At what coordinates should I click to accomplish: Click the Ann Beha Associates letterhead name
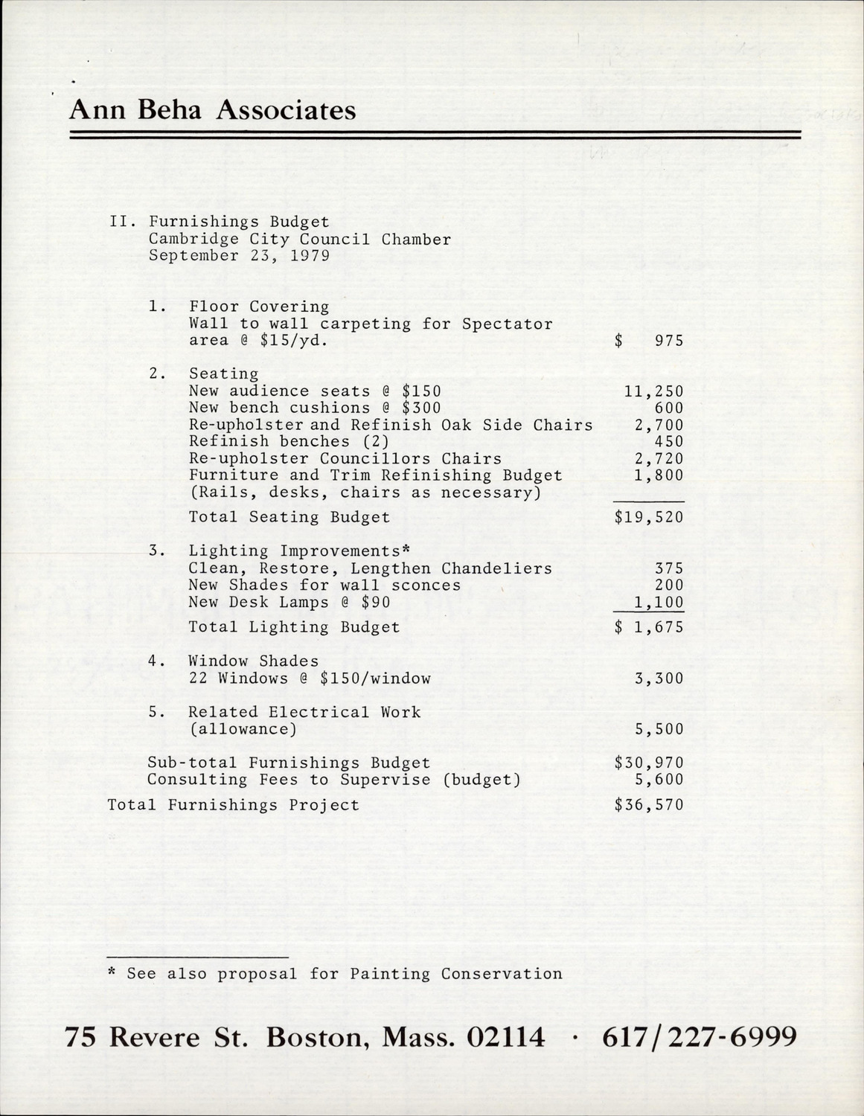[212, 111]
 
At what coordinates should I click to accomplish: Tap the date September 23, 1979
[239, 256]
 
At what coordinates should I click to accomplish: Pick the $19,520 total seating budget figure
[649, 516]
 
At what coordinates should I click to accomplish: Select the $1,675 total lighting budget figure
[649, 627]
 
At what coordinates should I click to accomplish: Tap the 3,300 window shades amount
[659, 679]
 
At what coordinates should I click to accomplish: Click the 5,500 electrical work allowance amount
[659, 729]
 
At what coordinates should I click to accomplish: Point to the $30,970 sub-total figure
[649, 763]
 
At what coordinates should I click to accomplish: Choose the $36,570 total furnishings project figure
[649, 805]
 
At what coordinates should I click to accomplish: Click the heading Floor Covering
[258, 307]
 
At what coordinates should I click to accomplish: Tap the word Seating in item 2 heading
[223, 373]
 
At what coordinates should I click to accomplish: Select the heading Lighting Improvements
[298, 551]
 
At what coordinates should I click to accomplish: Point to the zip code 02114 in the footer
[505, 1036]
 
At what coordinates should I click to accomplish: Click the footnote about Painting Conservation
[335, 974]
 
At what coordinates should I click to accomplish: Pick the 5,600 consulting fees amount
[659, 780]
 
